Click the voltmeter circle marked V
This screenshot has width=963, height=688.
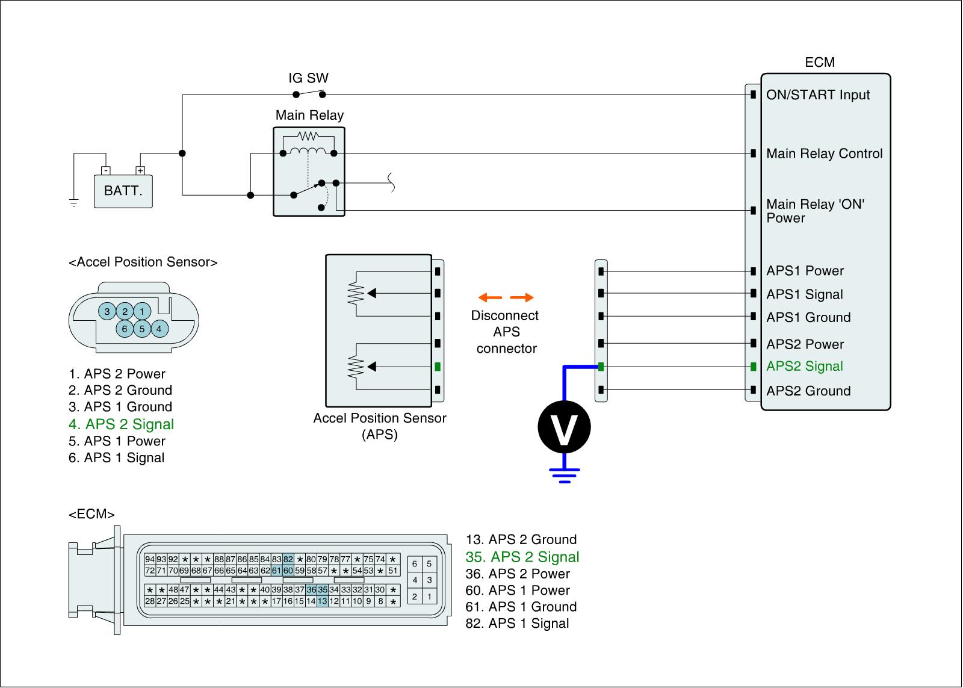pyautogui.click(x=563, y=427)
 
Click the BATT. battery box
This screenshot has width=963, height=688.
pyautogui.click(x=123, y=191)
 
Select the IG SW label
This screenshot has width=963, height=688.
pyautogui.click(x=308, y=78)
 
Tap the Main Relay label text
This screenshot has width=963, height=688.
pyautogui.click(x=309, y=115)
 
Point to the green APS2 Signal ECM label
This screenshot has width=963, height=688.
pyautogui.click(x=804, y=367)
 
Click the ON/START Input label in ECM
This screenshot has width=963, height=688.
pyautogui.click(x=818, y=95)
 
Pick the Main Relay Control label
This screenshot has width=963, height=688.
pyautogui.click(x=824, y=153)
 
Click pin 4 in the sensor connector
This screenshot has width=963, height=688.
pyautogui.click(x=159, y=329)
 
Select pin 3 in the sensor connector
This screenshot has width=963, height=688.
pyautogui.click(x=107, y=311)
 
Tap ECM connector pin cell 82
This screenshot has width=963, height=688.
pyautogui.click(x=288, y=559)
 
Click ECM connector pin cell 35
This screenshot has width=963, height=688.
pyautogui.click(x=323, y=590)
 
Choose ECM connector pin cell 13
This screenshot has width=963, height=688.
pyautogui.click(x=323, y=601)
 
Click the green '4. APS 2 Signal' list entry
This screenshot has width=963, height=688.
pyautogui.click(x=121, y=424)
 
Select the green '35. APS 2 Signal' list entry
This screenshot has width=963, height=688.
pyautogui.click(x=522, y=557)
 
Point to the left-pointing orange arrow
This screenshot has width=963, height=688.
pyautogui.click(x=490, y=297)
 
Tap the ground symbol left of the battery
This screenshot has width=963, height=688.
pyautogui.click(x=74, y=203)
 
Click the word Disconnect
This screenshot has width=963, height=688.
pyautogui.click(x=504, y=315)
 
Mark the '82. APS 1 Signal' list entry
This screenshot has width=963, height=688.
pyautogui.click(x=517, y=624)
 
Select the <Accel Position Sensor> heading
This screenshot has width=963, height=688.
pyautogui.click(x=143, y=262)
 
